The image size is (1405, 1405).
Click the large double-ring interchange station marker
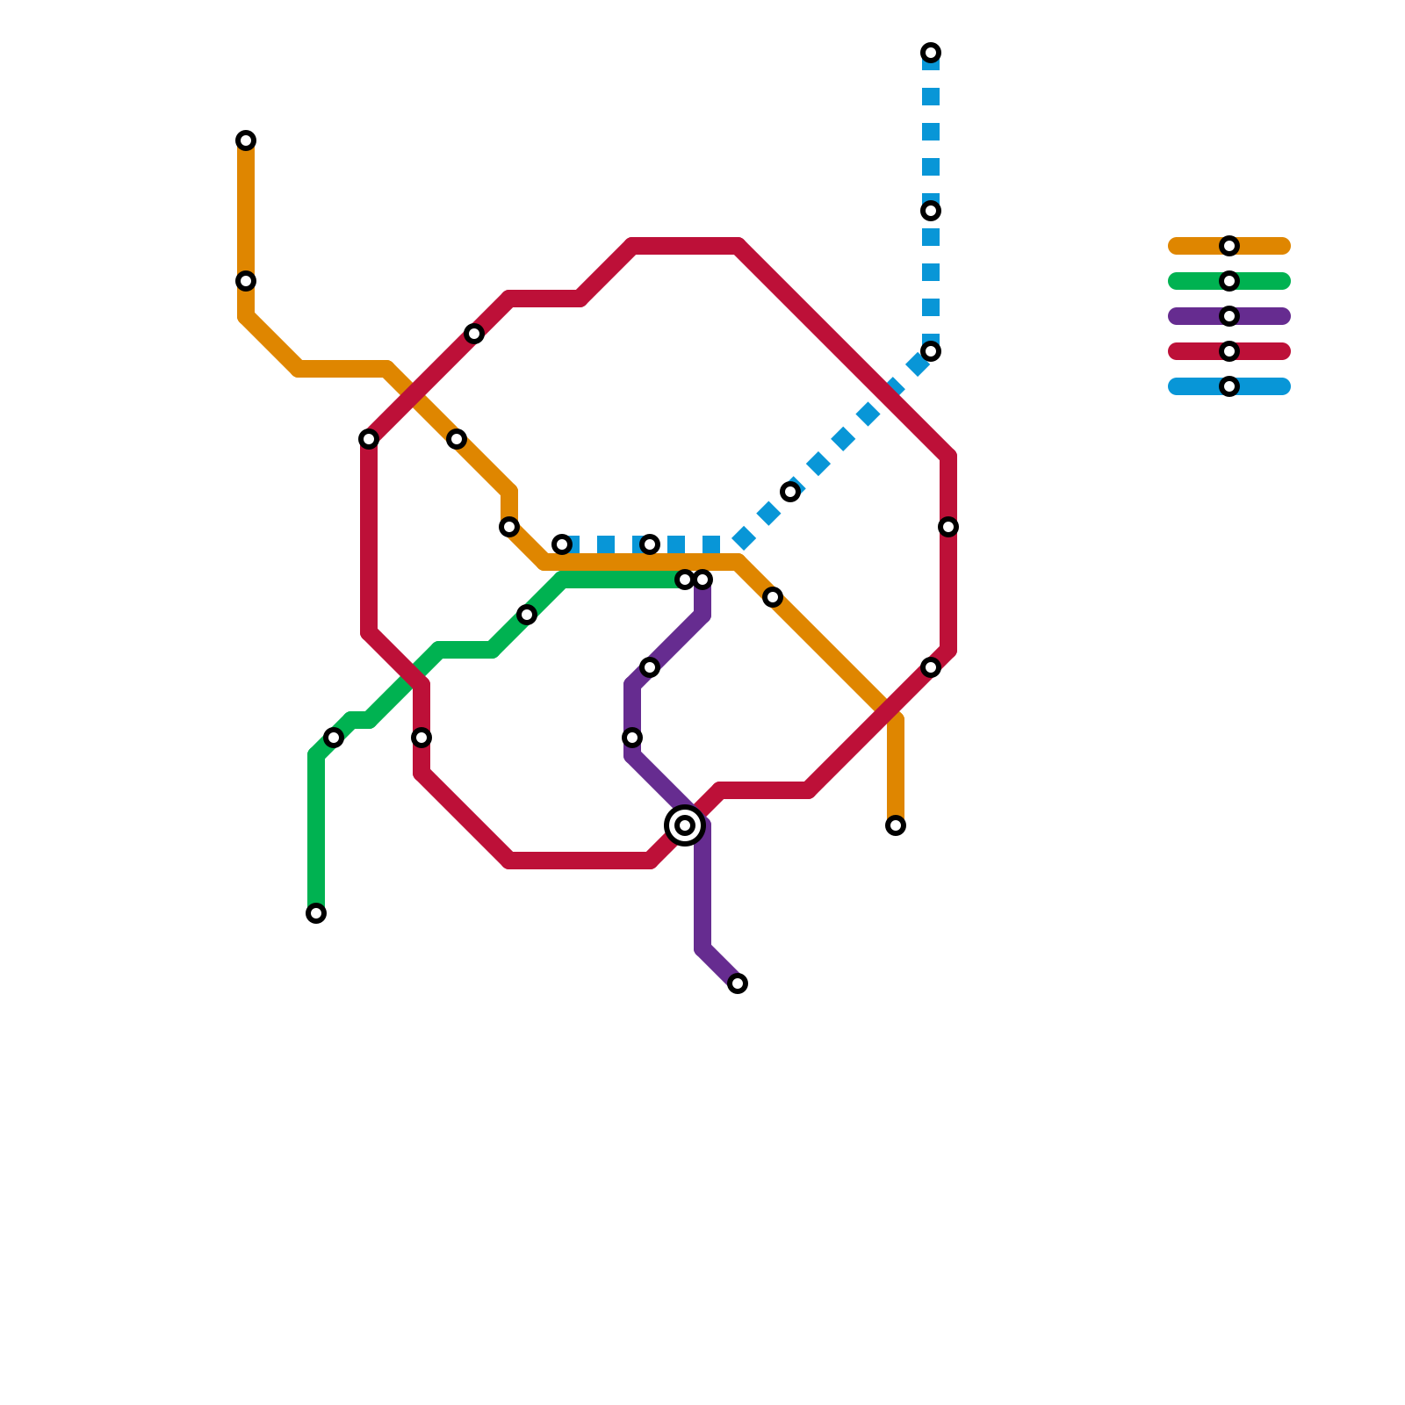click(x=685, y=825)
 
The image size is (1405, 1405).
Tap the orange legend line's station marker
click(x=1229, y=246)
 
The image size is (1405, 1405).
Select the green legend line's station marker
click(x=1229, y=281)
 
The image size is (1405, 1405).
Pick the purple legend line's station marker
click(x=1229, y=316)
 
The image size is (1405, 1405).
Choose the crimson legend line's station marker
click(x=1229, y=351)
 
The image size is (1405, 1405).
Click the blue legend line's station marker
click(x=1229, y=386)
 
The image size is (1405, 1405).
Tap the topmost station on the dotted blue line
click(x=931, y=53)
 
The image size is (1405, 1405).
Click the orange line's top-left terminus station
click(x=246, y=140)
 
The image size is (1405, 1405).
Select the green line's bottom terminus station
click(x=316, y=913)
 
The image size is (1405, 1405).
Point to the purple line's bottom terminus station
click(x=738, y=983)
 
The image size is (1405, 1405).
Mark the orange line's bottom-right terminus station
click(x=896, y=825)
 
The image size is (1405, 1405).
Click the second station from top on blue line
click(x=931, y=211)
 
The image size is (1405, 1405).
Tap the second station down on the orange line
click(x=246, y=281)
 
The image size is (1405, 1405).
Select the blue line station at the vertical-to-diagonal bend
click(x=931, y=351)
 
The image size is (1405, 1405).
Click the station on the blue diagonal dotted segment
click(x=790, y=492)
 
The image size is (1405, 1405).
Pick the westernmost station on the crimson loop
click(x=369, y=439)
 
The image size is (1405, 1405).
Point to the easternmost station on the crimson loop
click(x=948, y=527)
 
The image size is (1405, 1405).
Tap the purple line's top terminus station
click(x=702, y=580)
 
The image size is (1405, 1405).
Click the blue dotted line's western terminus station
click(x=562, y=544)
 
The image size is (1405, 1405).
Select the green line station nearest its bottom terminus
click(x=334, y=738)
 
